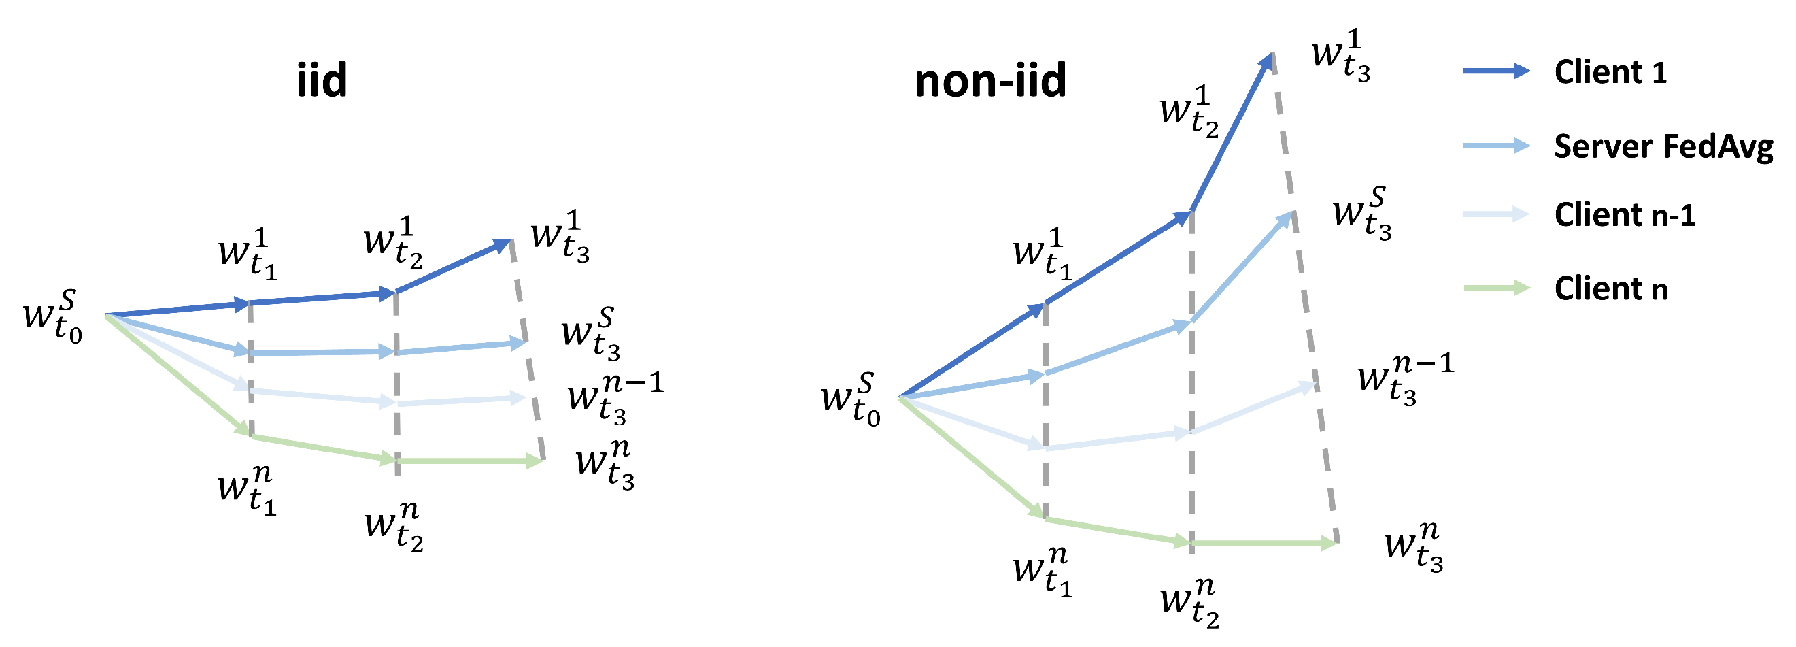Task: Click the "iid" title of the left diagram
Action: tap(322, 80)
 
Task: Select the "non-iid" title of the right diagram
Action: tap(990, 80)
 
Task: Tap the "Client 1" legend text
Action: tap(1610, 73)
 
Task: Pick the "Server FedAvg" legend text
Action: tap(1663, 147)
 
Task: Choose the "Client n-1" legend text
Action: tap(1625, 215)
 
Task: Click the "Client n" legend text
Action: tap(1610, 288)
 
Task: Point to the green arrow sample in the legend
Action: tap(1496, 288)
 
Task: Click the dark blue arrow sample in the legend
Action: tap(1496, 71)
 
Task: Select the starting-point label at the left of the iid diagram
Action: tap(53, 318)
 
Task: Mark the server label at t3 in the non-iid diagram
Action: tap(1361, 214)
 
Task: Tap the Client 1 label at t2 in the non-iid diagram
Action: tap(1189, 112)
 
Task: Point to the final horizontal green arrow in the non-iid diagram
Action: tap(1264, 543)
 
